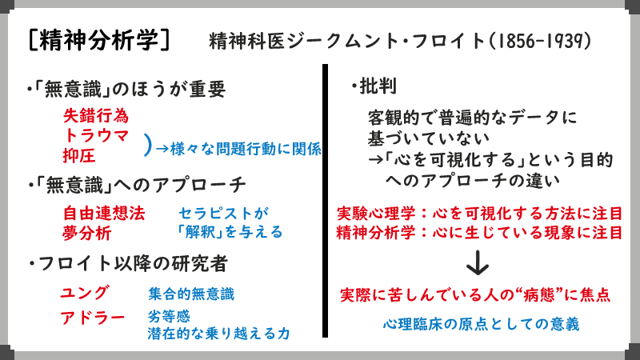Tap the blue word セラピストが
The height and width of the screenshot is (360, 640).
pos(219,214)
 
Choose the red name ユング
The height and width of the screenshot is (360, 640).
pos(84,292)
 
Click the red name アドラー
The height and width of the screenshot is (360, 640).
pos(93,318)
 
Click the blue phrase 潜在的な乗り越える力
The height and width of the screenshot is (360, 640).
pos(218,334)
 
